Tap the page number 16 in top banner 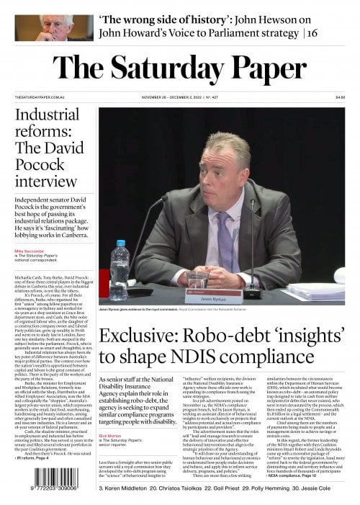tap(312, 33)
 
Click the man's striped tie tap(225, 238)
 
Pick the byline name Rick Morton tap(111, 435)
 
